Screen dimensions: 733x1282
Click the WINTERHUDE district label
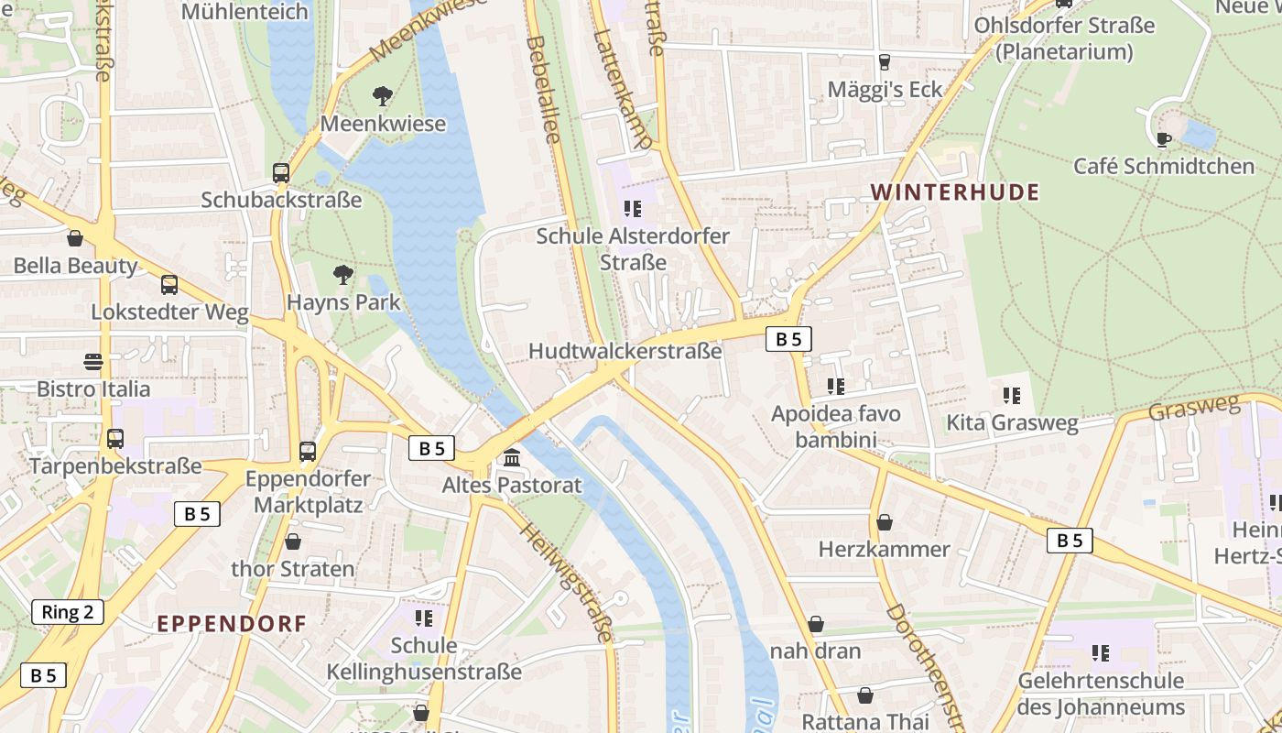pos(955,192)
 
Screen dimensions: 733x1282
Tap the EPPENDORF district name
pos(232,624)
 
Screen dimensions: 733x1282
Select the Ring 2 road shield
pos(68,612)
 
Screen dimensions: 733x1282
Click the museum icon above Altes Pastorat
pos(512,457)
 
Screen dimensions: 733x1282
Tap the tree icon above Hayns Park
pos(342,274)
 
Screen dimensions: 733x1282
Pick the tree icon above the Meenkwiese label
pos(383,95)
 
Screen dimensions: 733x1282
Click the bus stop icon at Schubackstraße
pos(281,172)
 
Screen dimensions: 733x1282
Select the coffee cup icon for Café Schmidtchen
pos(1163,139)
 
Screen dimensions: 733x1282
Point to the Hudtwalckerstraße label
pos(625,351)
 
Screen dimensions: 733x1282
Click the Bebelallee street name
pos(542,89)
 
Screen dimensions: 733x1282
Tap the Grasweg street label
pos(1193,409)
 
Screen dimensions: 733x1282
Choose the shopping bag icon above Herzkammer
pos(885,522)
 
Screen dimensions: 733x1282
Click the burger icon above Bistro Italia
pos(92,361)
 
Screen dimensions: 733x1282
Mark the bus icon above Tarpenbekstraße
pos(115,439)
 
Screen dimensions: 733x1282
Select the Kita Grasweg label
pos(1012,422)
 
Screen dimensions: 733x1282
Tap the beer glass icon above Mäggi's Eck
pos(884,62)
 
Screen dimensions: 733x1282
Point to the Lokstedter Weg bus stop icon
pos(169,285)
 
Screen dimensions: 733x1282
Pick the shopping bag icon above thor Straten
pos(293,542)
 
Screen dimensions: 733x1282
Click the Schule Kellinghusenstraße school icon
pos(423,618)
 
